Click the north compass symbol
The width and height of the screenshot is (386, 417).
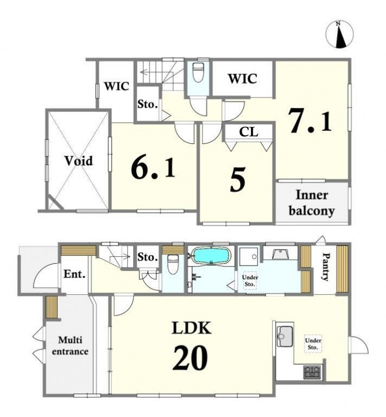(x=340, y=35)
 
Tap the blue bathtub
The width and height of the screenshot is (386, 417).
(x=211, y=256)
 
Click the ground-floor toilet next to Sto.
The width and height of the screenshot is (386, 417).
(x=173, y=262)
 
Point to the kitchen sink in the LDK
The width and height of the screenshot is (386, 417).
(x=285, y=336)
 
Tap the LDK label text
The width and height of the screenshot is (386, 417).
(x=192, y=328)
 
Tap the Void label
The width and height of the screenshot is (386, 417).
(x=79, y=161)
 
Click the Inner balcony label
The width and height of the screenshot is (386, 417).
(x=311, y=203)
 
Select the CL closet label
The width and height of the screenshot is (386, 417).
(x=249, y=132)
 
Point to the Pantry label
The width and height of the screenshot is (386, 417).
(x=325, y=267)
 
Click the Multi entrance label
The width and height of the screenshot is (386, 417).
(x=70, y=346)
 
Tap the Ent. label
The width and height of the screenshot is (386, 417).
(x=75, y=274)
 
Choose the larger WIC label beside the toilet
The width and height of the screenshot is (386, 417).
(x=243, y=78)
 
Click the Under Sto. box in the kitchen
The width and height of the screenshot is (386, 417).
(x=313, y=343)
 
